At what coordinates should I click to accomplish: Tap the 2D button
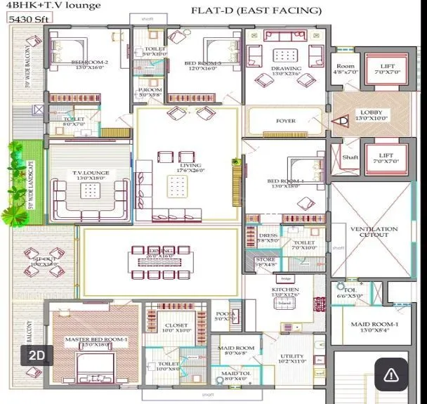click(x=37, y=356)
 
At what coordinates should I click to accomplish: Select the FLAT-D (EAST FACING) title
click(x=256, y=11)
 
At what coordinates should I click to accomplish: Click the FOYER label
click(x=286, y=121)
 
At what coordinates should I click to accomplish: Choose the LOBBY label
click(x=372, y=112)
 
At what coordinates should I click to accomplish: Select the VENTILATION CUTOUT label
click(x=374, y=233)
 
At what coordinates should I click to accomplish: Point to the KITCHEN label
click(x=285, y=289)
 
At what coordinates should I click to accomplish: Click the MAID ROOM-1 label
click(x=374, y=324)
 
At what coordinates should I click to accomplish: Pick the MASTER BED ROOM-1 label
click(x=96, y=340)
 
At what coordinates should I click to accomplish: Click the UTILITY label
click(x=292, y=357)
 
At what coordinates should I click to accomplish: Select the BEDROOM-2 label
click(x=89, y=63)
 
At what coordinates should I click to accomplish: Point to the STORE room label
click(x=265, y=259)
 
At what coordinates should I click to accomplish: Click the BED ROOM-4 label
click(x=287, y=182)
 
